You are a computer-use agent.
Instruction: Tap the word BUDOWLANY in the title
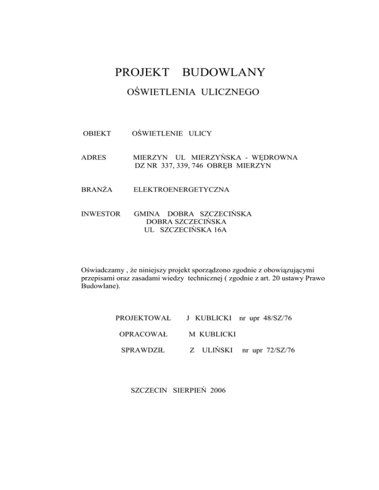pyautogui.click(x=224, y=73)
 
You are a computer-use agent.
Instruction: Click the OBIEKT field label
pyautogui.click(x=97, y=134)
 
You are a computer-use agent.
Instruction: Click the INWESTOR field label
pyautogui.click(x=101, y=214)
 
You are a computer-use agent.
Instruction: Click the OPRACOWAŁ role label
pyautogui.click(x=143, y=335)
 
